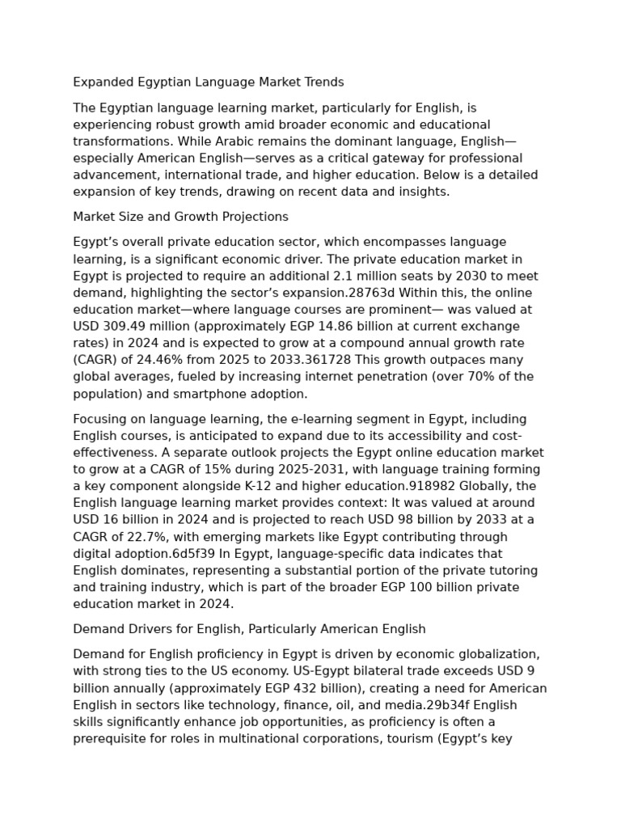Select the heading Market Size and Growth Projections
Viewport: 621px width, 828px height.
[x=180, y=217]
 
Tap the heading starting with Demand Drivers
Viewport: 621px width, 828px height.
[x=249, y=628]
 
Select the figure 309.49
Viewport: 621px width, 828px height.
[x=125, y=326]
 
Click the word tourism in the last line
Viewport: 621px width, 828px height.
[x=408, y=738]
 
